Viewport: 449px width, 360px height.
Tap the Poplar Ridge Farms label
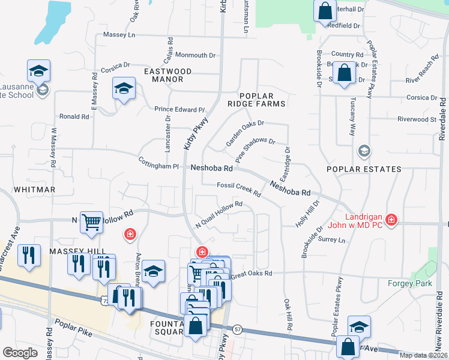[262, 100]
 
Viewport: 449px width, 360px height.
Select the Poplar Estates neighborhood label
[364, 169]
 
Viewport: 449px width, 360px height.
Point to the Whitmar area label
[34, 189]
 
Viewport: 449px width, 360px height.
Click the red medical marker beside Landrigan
[391, 220]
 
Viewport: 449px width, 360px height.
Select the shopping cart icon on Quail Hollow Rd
[92, 222]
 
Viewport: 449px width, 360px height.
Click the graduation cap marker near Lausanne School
[39, 71]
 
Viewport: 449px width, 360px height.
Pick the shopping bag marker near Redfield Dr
[325, 11]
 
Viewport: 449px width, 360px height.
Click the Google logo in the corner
[20, 353]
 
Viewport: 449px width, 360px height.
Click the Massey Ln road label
[119, 35]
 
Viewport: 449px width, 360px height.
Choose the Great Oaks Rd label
[252, 273]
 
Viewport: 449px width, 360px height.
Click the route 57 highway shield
[238, 329]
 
